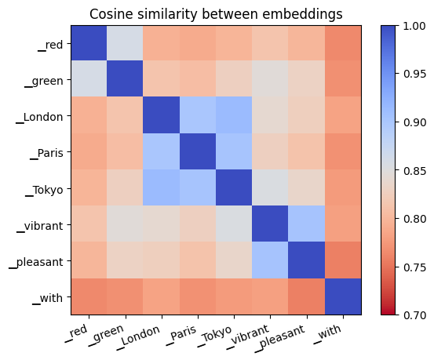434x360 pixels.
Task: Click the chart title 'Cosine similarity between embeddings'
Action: coord(216,14)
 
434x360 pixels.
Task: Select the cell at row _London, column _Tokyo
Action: coord(234,115)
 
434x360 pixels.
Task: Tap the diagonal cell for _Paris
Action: coord(198,151)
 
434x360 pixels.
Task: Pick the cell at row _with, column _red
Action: coord(89,296)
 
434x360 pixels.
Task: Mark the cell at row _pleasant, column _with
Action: coord(342,260)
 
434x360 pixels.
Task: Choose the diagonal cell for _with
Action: coord(342,296)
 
